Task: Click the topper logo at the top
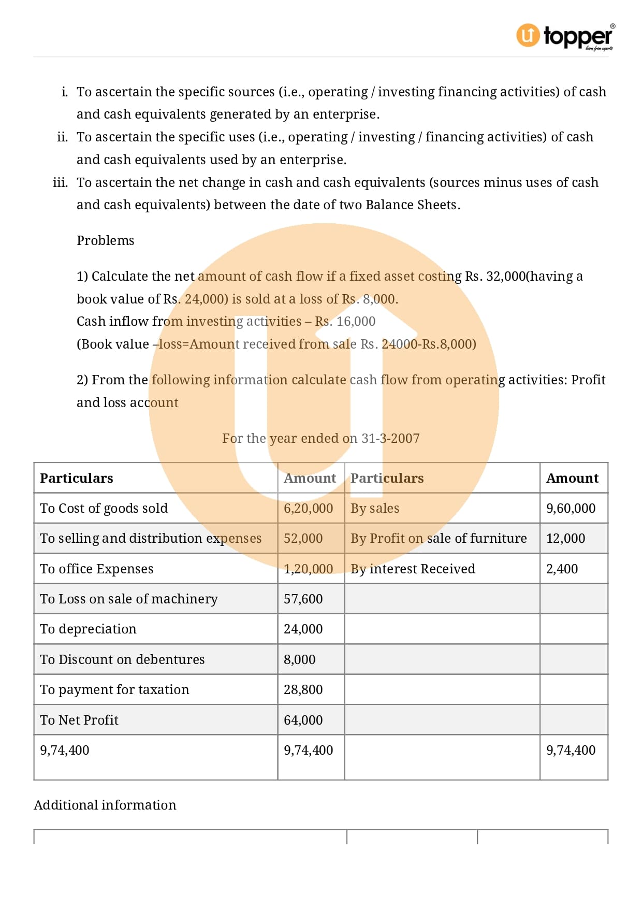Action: pyautogui.click(x=565, y=36)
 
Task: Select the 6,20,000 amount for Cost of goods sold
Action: pyautogui.click(x=308, y=508)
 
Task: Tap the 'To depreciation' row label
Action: pyautogui.click(x=88, y=629)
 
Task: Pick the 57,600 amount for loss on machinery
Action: pyautogui.click(x=303, y=599)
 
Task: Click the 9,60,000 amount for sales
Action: pyautogui.click(x=571, y=508)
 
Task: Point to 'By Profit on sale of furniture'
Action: pyautogui.click(x=438, y=538)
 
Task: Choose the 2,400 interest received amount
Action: pyautogui.click(x=562, y=569)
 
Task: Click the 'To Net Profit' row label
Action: pyautogui.click(x=79, y=720)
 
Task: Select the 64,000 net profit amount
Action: pyautogui.click(x=303, y=720)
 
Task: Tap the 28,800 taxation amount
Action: pyautogui.click(x=303, y=689)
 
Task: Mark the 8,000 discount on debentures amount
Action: pyautogui.click(x=299, y=659)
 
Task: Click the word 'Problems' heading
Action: pyautogui.click(x=105, y=240)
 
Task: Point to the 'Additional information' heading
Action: pyautogui.click(x=105, y=805)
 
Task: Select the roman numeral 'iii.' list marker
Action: pyautogui.click(x=60, y=182)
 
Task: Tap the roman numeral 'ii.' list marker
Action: pyautogui.click(x=62, y=137)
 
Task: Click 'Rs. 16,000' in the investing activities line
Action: pyautogui.click(x=345, y=321)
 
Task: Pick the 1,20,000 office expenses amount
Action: pyautogui.click(x=308, y=569)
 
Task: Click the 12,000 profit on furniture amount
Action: pyautogui.click(x=565, y=538)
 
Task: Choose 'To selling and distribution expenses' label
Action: pyautogui.click(x=150, y=538)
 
